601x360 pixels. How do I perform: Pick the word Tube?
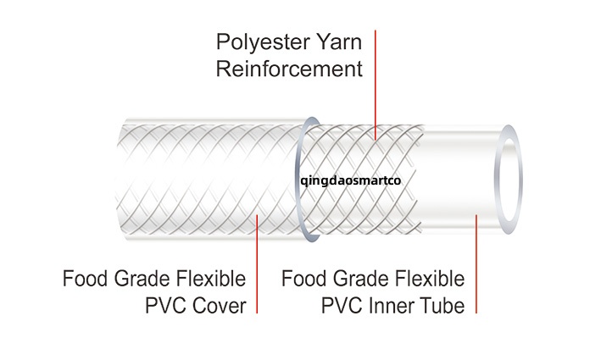pyautogui.click(x=442, y=305)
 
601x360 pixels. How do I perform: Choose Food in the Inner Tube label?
pyautogui.click(x=303, y=279)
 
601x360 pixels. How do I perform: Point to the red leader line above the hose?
pyautogui.click(x=376, y=76)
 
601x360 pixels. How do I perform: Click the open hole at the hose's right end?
pyautogui.click(x=509, y=180)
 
